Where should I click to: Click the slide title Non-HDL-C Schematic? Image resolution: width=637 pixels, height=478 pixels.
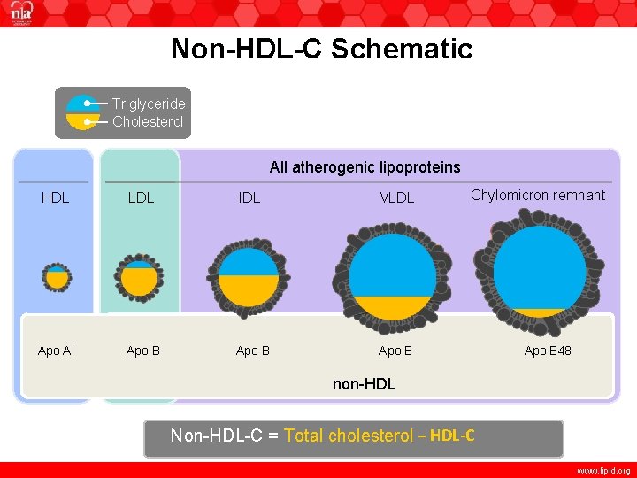(322, 49)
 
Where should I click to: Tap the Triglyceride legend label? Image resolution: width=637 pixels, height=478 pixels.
(149, 104)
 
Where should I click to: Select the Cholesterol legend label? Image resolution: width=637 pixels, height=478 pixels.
(148, 121)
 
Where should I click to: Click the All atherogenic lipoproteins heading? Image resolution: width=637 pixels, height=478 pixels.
(365, 167)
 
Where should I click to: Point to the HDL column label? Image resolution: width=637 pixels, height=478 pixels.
(55, 197)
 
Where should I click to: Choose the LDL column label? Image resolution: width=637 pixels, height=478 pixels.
(141, 197)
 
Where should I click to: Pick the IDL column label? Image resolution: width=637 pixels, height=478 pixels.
(249, 197)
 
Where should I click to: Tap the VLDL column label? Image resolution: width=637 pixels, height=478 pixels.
(396, 197)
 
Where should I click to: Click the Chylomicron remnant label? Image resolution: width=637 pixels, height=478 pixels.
(538, 195)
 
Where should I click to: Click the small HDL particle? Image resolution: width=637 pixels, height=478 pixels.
(57, 277)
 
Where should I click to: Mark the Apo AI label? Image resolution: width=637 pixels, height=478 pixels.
(56, 351)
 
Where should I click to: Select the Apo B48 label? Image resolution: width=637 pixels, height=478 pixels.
(548, 351)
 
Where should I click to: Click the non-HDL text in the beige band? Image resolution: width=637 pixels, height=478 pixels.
(364, 384)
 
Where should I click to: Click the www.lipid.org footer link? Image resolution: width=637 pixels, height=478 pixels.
(603, 471)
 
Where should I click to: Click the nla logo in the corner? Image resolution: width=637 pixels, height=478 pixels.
(19, 16)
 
